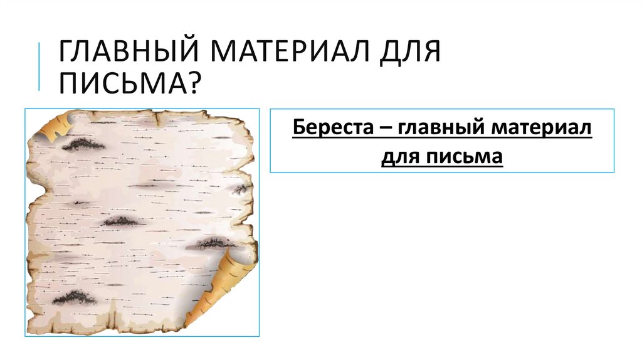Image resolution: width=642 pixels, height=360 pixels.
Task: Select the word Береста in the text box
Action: (330, 129)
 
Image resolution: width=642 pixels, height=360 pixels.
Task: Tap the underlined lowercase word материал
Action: (542, 130)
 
